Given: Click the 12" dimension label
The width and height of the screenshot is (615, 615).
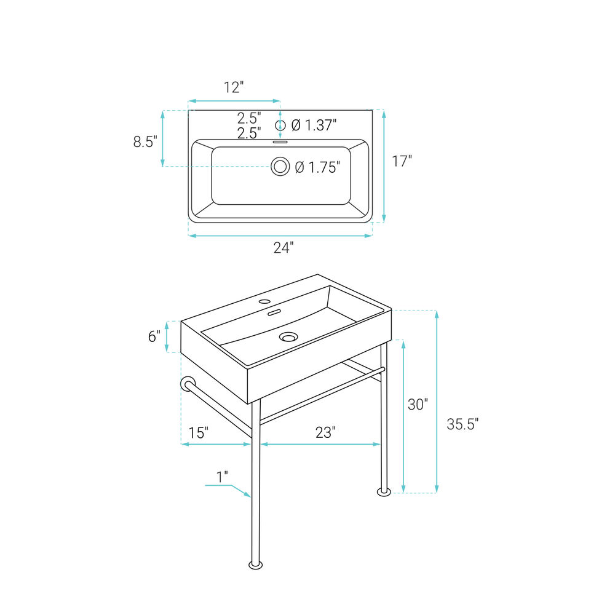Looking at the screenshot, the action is [234, 87].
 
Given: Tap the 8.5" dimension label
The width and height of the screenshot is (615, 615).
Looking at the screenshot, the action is [145, 141].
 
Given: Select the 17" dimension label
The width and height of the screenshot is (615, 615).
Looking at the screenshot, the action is [402, 161].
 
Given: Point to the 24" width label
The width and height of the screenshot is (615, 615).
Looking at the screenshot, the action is [284, 247].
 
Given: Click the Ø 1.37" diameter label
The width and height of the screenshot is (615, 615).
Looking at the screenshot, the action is [314, 125].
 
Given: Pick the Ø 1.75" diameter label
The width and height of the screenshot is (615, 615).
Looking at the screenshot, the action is [317, 167].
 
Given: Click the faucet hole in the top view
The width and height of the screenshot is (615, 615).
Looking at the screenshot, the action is [280, 125].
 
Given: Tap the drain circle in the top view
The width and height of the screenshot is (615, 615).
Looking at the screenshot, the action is [280, 167].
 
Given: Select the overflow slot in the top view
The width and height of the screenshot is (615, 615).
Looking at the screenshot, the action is [280, 142].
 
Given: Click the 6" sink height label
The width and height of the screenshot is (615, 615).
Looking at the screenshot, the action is [154, 336].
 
